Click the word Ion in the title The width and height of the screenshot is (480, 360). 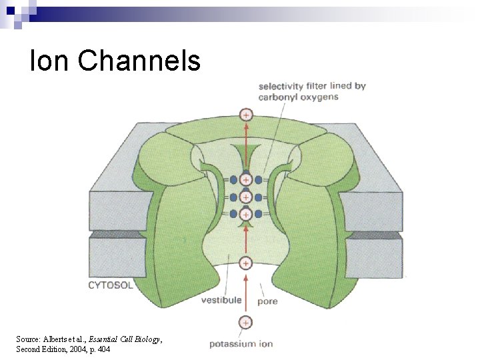pyautogui.click(x=49, y=61)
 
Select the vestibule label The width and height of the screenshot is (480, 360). pyautogui.click(x=221, y=300)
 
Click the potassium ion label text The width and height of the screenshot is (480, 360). pyautogui.click(x=241, y=344)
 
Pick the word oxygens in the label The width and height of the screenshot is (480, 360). pyautogui.click(x=320, y=97)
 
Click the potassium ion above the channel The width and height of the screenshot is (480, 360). pyautogui.click(x=247, y=115)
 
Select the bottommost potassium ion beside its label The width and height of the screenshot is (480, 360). pyautogui.click(x=246, y=323)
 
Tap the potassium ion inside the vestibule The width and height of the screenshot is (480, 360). pyautogui.click(x=246, y=263)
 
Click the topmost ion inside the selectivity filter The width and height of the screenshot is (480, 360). pyautogui.click(x=246, y=180)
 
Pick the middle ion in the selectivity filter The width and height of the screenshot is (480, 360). pyautogui.click(x=246, y=197)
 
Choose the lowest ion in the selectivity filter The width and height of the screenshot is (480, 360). pyautogui.click(x=246, y=214)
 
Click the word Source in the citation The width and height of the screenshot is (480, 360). pyautogui.click(x=28, y=339)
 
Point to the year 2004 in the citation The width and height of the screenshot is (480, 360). pyautogui.click(x=77, y=349)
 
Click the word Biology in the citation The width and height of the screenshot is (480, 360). pyautogui.click(x=145, y=339)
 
